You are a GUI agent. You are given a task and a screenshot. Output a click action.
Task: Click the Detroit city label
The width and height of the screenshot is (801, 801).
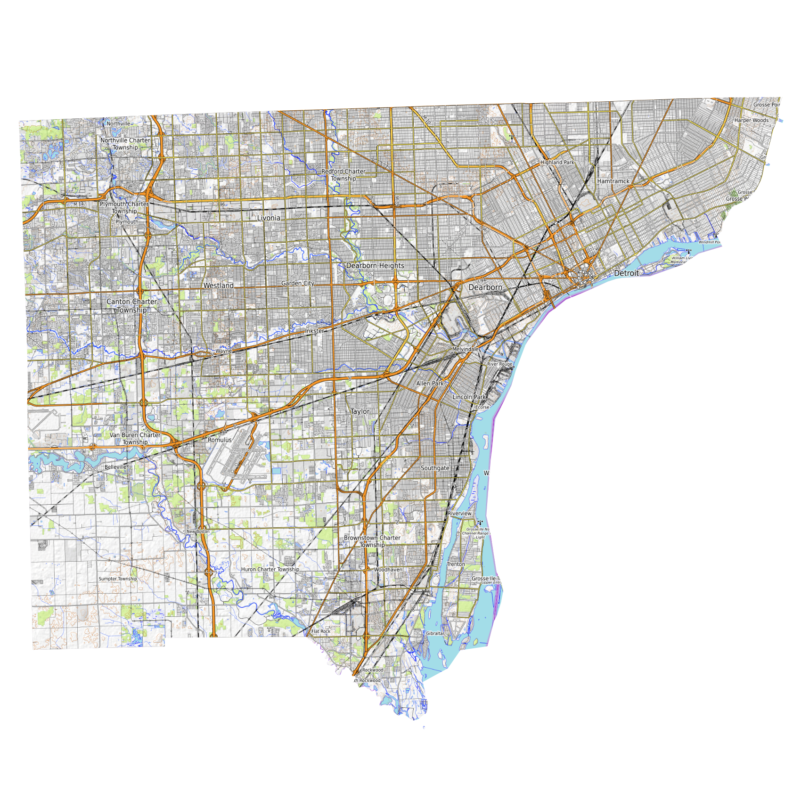point(626,273)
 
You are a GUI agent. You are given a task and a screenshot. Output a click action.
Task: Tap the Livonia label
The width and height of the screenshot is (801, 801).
point(269,218)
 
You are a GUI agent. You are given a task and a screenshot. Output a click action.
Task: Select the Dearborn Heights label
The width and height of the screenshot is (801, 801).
point(375,266)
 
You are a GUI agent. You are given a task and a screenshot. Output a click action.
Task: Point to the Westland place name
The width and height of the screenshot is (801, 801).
point(218,286)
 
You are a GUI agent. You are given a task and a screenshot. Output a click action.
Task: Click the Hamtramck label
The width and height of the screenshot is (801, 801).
point(613,181)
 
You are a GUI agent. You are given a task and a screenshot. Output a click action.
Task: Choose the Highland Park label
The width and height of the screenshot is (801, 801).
point(557,162)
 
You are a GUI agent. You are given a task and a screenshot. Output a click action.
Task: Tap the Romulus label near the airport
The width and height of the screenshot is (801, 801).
point(220,440)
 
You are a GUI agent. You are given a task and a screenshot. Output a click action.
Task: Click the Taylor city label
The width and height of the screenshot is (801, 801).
point(360,411)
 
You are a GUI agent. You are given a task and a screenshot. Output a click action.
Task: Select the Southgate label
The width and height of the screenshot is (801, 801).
point(435,468)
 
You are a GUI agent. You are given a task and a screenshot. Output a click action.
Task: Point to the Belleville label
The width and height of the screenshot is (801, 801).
point(115,467)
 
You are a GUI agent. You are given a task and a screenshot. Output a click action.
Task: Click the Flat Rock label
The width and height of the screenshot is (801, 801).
point(321,631)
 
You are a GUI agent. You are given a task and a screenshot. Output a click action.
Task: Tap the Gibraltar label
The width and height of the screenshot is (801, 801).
point(435,633)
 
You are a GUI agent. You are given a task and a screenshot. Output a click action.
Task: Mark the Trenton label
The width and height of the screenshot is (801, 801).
point(456,564)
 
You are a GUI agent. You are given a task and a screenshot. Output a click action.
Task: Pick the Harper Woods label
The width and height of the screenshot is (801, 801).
point(751,120)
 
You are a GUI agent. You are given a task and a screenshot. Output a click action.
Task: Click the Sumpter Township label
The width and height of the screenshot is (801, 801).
point(117,579)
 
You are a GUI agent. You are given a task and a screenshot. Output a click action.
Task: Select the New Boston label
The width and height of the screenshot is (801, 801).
point(198,531)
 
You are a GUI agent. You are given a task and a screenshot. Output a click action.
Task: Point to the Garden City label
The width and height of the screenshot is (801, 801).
point(297,283)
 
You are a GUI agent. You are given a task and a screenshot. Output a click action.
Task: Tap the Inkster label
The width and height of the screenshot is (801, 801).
point(314,331)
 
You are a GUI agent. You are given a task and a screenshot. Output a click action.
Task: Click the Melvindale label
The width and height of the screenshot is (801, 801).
point(465,349)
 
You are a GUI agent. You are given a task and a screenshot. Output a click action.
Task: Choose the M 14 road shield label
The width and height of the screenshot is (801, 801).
point(78,204)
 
